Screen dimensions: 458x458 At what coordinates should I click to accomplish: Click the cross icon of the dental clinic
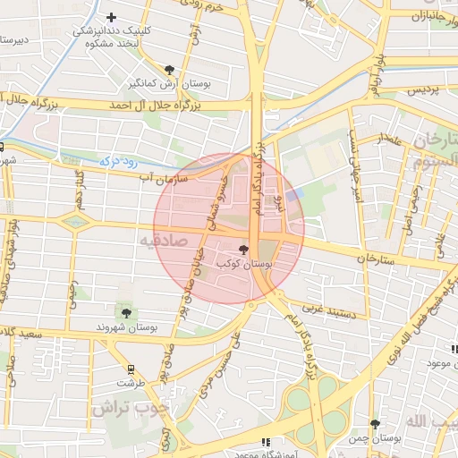(111, 17)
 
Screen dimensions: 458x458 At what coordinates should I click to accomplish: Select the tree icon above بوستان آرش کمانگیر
(170, 69)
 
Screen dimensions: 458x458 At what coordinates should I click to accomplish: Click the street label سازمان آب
(166, 179)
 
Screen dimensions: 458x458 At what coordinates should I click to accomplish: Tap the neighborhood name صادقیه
(162, 241)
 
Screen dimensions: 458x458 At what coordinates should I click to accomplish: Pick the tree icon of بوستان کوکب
(243, 250)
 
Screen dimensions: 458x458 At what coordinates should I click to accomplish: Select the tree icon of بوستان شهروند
(125, 313)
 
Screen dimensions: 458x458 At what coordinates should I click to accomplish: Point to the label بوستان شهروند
(127, 327)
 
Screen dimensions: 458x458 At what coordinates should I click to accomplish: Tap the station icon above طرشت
(131, 369)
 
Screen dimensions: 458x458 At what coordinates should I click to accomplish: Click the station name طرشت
(131, 382)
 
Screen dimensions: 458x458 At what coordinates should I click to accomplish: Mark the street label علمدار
(391, 138)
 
